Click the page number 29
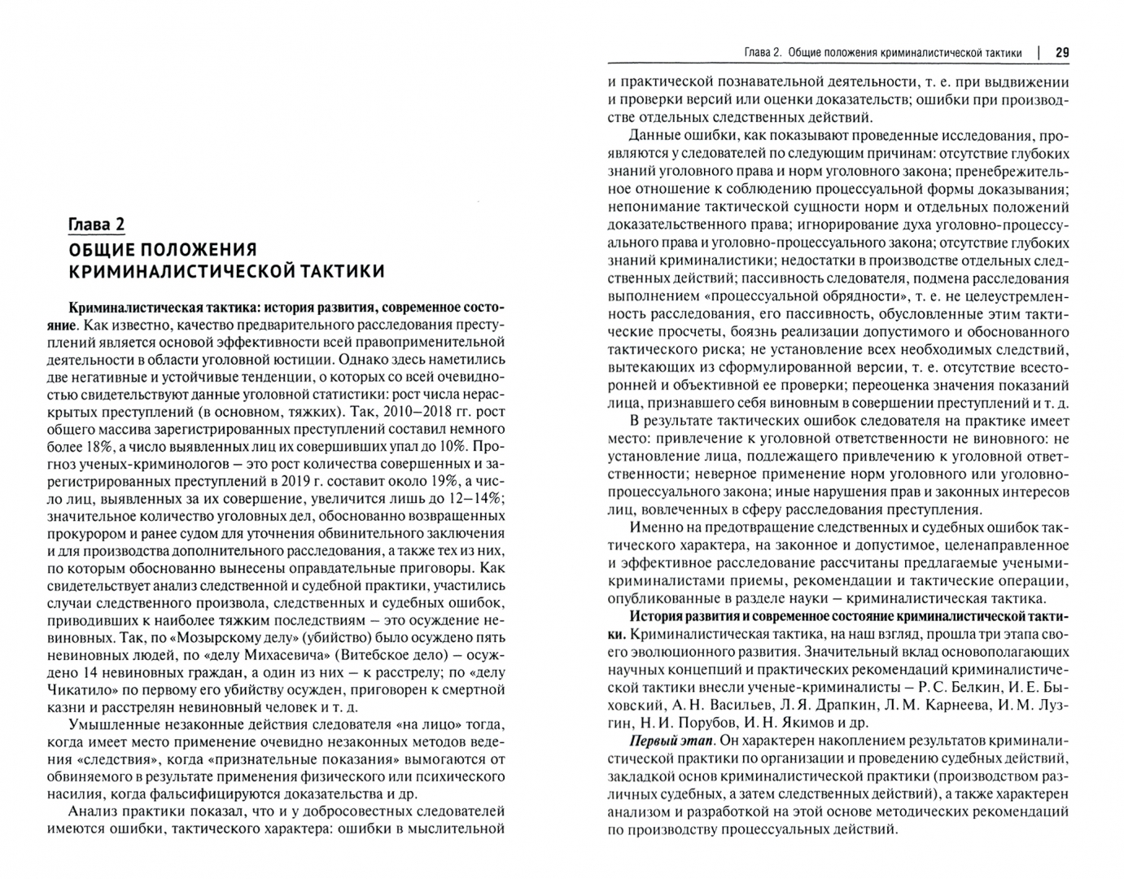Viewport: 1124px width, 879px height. (1062, 53)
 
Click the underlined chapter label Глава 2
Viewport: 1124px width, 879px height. (96, 225)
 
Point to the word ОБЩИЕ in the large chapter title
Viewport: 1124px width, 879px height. (102, 248)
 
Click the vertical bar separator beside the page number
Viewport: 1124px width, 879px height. (1039, 53)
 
